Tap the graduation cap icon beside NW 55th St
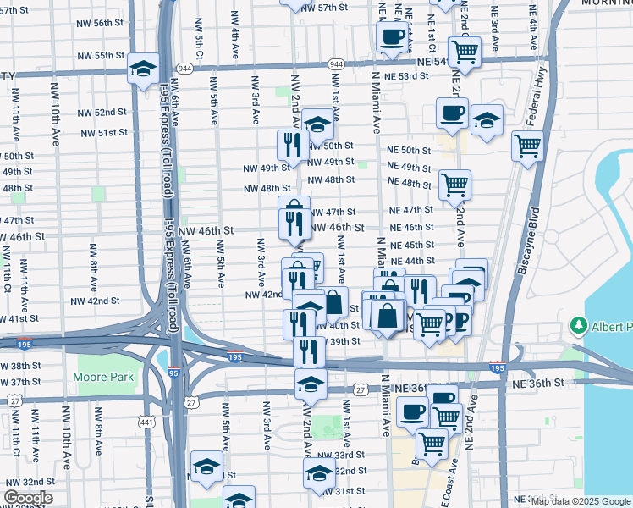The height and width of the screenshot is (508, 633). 144,68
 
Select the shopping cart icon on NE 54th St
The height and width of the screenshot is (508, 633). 465,51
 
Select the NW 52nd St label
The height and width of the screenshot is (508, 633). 104,112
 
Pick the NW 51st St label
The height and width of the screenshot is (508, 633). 104,133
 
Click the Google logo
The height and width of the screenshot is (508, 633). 28,498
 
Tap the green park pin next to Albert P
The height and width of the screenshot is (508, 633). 579,325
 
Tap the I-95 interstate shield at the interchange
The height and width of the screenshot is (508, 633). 173,372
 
